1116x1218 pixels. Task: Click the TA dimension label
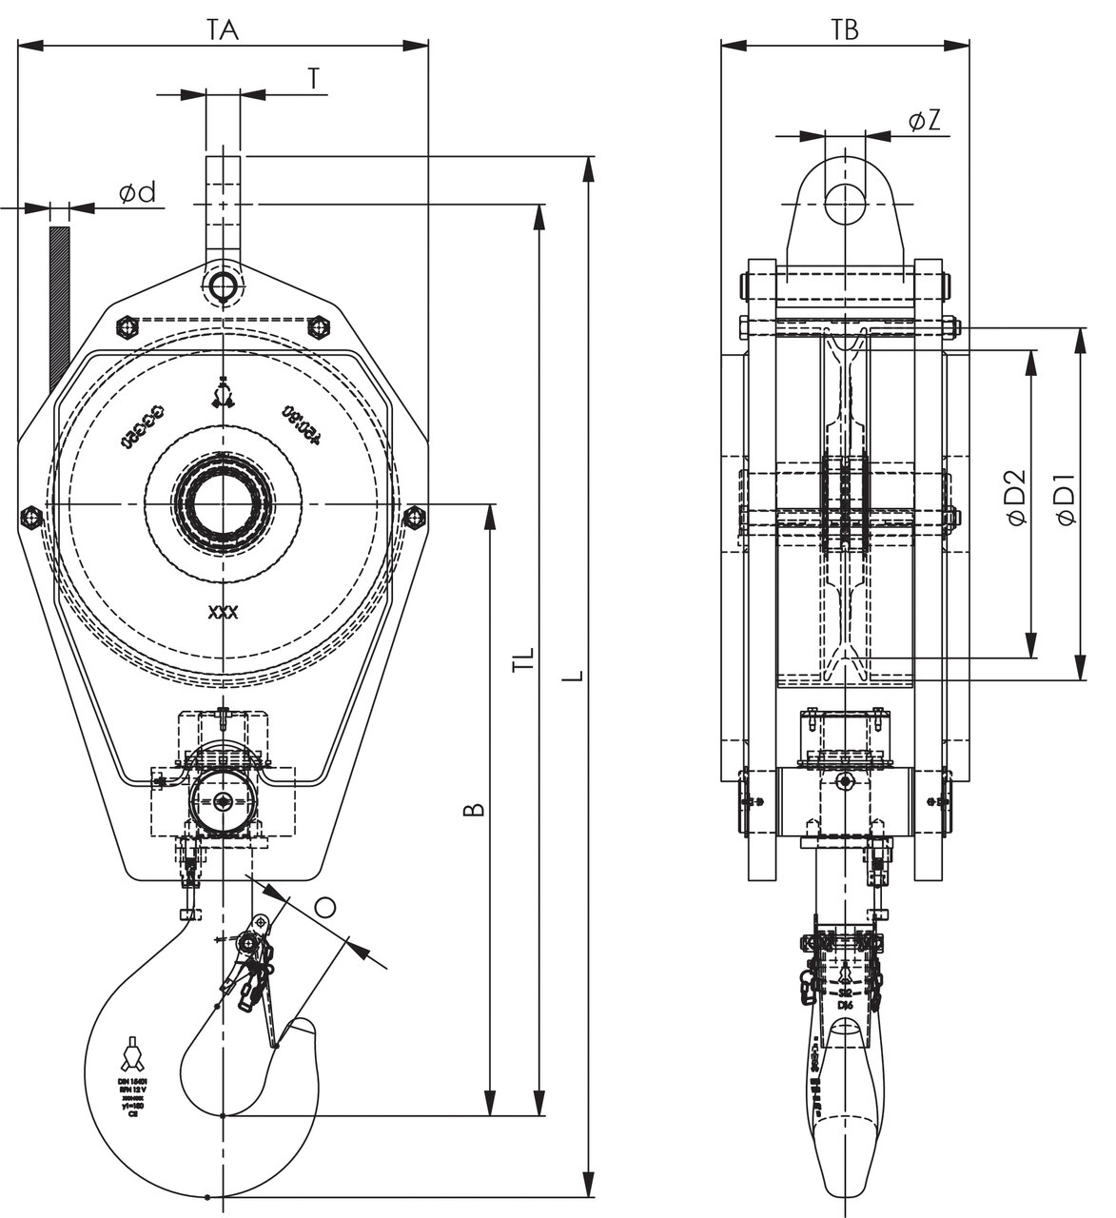[223, 29]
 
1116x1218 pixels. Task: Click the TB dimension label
[844, 29]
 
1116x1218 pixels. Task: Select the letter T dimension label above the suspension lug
[313, 80]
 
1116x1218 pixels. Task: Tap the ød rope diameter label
[137, 193]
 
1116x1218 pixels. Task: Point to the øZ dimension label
[924, 121]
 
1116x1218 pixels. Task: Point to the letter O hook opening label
[325, 907]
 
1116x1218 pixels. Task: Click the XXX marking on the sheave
[223, 613]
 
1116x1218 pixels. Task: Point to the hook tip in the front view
[303, 1030]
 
